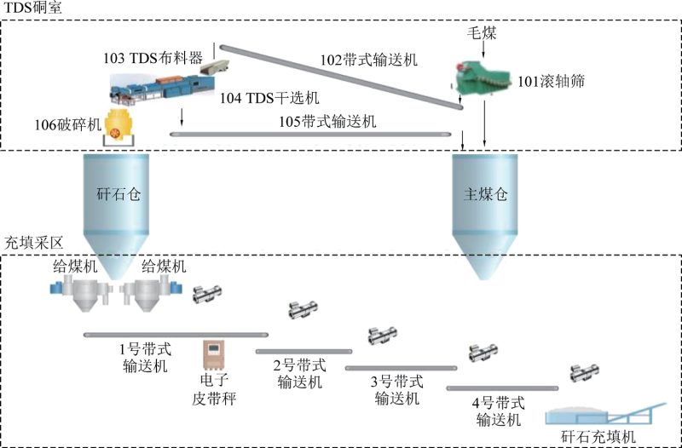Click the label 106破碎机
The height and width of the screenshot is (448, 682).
coord(66,124)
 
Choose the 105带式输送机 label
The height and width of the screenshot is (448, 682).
coord(327,122)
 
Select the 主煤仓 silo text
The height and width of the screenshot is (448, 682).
coord(485,193)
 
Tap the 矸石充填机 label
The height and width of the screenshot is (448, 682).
coord(598,437)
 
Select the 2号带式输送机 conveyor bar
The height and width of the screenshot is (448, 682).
coord(303,350)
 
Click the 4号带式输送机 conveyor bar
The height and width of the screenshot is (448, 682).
coord(503,388)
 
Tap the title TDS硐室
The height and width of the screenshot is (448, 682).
coord(32,8)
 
